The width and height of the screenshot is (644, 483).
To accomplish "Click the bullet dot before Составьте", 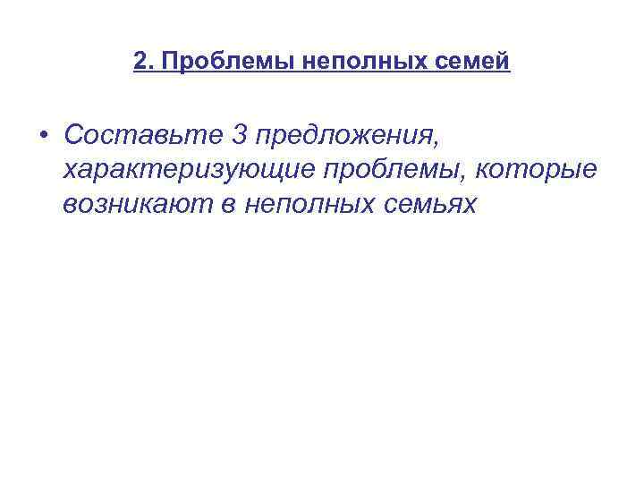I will click(43, 135).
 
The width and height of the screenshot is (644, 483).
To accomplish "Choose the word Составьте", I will click(144, 135).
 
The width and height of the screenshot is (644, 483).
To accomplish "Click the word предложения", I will click(344, 136).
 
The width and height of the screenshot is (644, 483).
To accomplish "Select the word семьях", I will click(426, 205).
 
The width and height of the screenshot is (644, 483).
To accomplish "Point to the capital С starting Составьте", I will click(72, 135).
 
